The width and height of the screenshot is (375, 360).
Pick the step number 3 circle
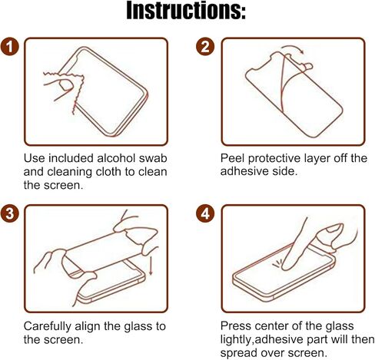click(11, 213)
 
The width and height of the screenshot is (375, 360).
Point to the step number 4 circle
click(204, 213)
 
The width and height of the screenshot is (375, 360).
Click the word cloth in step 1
click(114, 172)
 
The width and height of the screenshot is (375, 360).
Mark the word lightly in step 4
click(241, 339)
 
